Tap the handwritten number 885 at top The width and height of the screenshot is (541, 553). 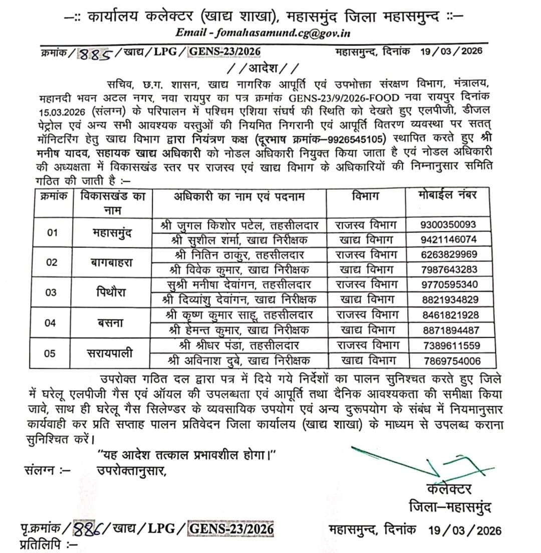tap(96, 53)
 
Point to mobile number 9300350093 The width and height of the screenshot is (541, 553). tap(449, 224)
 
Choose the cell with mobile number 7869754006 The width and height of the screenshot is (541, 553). tap(449, 361)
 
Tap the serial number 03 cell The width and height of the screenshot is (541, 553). tap(51, 293)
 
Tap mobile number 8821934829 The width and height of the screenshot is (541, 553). tap(449, 300)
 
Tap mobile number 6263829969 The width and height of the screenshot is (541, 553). tap(449, 254)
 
